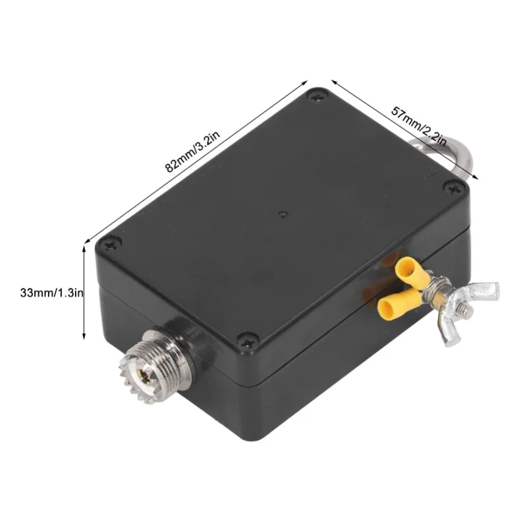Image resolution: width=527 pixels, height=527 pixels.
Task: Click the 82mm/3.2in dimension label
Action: (193, 152)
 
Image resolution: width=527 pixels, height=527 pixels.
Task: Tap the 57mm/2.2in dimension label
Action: (419, 126)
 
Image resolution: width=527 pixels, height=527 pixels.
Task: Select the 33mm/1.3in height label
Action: (52, 292)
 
